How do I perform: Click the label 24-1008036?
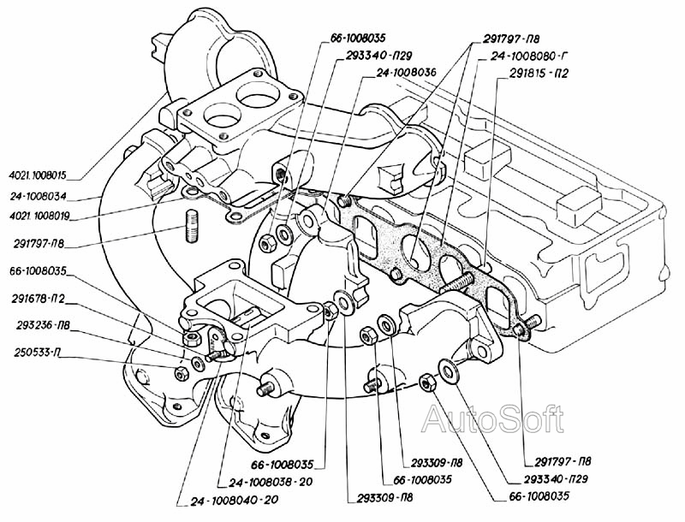point(406,73)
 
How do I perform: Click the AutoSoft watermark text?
point(494,418)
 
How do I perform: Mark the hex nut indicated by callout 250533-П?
point(181,373)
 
